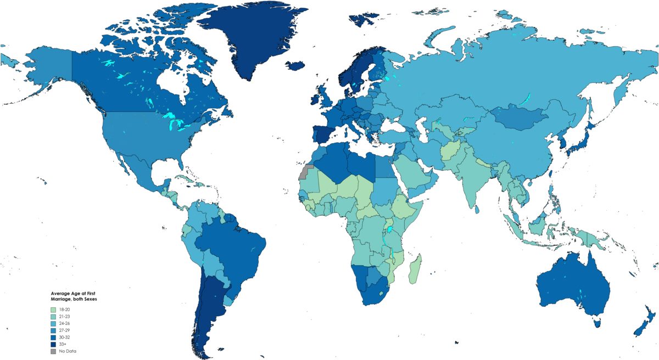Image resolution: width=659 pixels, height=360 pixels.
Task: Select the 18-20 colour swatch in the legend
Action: [x=53, y=310]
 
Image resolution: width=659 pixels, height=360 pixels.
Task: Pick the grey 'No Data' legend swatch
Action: [x=53, y=351]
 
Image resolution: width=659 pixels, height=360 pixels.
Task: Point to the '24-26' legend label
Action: [x=64, y=323]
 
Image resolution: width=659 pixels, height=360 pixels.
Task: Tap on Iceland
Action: [x=295, y=66]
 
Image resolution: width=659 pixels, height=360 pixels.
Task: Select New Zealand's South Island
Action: [x=640, y=329]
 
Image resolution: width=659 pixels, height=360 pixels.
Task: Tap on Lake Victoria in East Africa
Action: [x=390, y=230]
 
